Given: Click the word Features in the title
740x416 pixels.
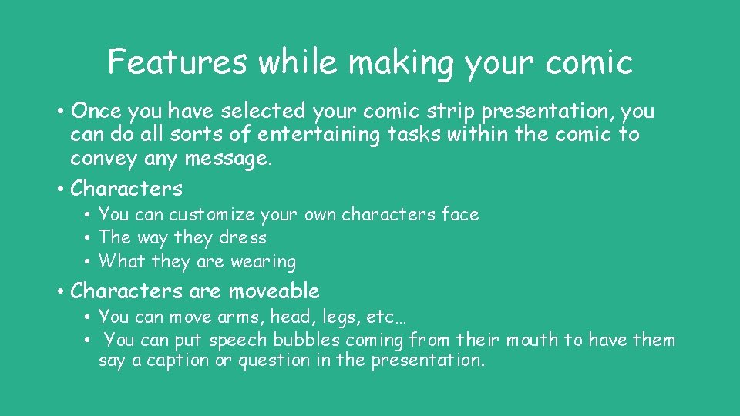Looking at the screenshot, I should point(178,62).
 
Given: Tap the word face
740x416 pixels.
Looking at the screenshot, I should point(460,214).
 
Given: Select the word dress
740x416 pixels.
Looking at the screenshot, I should point(243,238).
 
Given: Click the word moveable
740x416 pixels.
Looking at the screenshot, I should point(272,291).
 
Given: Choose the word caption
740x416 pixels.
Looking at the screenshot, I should point(173,361).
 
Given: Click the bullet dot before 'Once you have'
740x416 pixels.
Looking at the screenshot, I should point(59,112).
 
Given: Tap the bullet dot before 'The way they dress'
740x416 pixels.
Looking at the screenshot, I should point(89,238).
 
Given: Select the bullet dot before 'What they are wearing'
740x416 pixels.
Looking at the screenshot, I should point(89,262).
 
